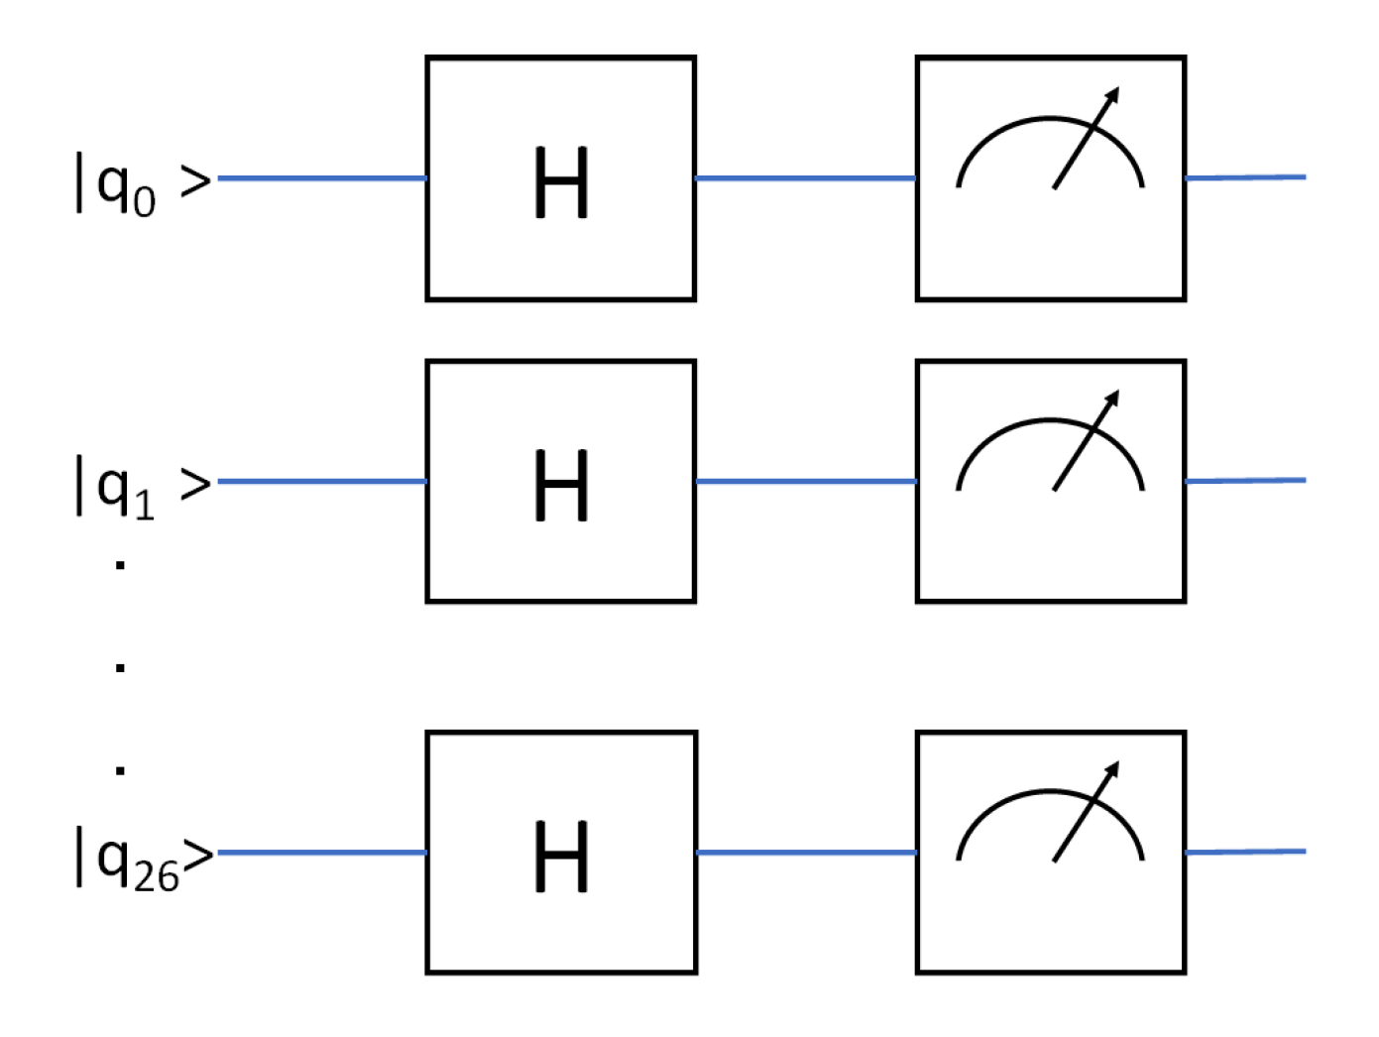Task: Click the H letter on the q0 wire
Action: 561,183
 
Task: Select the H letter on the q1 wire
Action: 561,486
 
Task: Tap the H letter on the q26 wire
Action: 561,857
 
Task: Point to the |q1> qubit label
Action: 143,487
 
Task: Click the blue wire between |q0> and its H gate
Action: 322,178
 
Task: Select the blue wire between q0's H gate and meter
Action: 805,178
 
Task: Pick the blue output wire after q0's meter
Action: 1245,177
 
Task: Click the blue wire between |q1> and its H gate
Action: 322,481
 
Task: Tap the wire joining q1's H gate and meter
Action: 805,481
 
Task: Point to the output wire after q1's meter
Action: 1245,480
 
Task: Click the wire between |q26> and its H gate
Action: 322,852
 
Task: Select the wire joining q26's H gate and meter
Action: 805,852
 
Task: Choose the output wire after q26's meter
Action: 1245,852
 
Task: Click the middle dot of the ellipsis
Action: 120,667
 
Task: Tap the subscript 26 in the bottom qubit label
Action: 156,876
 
